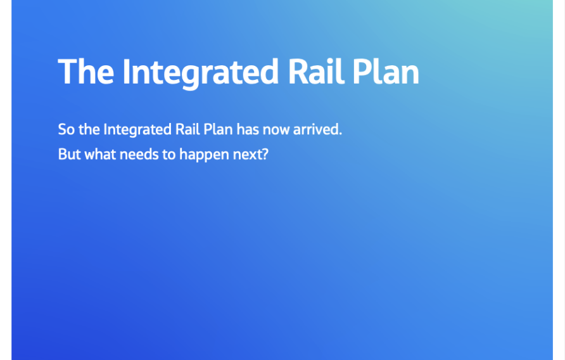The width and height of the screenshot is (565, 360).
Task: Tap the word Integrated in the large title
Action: [200, 72]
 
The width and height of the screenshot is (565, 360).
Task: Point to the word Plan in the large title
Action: [386, 72]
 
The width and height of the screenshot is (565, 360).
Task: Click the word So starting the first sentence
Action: [66, 130]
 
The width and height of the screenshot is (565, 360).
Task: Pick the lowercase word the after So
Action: [89, 130]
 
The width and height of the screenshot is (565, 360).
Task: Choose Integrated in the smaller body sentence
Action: [137, 130]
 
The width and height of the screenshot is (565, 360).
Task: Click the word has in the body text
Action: [248, 130]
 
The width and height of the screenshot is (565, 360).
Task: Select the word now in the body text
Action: [276, 130]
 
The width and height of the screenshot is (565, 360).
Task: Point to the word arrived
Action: [315, 130]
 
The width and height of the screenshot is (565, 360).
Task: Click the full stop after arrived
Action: [340, 134]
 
